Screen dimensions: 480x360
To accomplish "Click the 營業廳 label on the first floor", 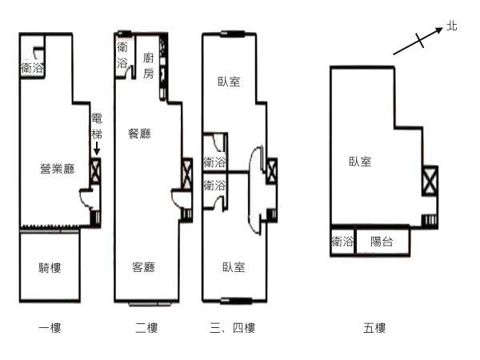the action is pyautogui.click(x=58, y=169).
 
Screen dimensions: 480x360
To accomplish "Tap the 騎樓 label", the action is pyautogui.click(x=50, y=268).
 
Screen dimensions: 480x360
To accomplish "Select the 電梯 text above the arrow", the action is pyautogui.click(x=97, y=126).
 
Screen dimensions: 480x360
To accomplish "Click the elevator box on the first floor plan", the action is pyautogui.click(x=95, y=171).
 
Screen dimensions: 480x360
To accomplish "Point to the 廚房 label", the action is pyautogui.click(x=149, y=66).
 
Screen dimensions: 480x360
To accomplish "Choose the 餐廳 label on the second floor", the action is pyautogui.click(x=139, y=134).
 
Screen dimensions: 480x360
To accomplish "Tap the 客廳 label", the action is pyautogui.click(x=143, y=267).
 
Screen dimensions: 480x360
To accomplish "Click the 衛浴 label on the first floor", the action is pyautogui.click(x=32, y=68).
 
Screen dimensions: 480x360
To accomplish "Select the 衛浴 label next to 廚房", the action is pyautogui.click(x=122, y=55).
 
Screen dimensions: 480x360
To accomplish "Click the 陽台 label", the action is pyautogui.click(x=382, y=242).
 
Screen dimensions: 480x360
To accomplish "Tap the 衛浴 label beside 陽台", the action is pyautogui.click(x=342, y=242).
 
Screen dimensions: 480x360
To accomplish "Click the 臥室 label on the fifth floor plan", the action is pyautogui.click(x=360, y=162).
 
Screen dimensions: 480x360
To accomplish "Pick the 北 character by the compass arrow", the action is pyautogui.click(x=451, y=26).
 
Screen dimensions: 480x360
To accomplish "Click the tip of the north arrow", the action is pyautogui.click(x=442, y=28).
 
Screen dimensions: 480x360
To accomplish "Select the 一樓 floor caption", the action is pyautogui.click(x=50, y=328).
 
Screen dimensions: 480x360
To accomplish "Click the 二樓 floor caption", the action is pyautogui.click(x=146, y=328).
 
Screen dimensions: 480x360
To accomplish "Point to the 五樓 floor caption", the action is pyautogui.click(x=374, y=328).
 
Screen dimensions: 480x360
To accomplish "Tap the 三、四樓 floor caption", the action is pyautogui.click(x=232, y=328).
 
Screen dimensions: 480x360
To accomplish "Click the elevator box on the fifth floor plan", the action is pyautogui.click(x=430, y=181).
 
